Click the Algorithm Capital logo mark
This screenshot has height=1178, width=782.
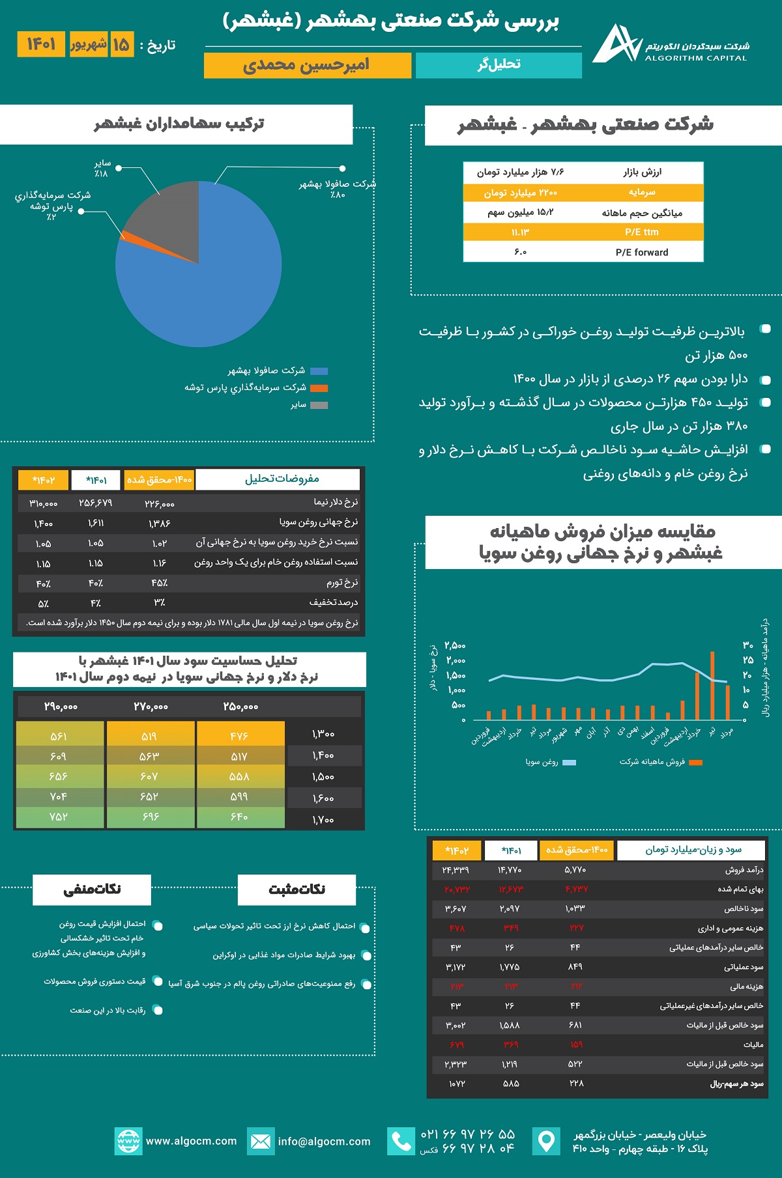pos(616,44)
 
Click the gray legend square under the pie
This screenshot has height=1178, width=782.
pos(319,405)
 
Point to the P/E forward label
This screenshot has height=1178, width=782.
pos(642,253)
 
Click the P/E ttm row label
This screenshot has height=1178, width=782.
pos(642,232)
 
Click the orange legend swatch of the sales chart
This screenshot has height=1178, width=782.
pos(696,763)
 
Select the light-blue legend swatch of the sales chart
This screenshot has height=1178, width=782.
pos(569,763)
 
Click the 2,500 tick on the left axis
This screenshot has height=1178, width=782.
pos(455,646)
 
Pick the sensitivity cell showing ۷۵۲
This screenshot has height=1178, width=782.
pos(59,817)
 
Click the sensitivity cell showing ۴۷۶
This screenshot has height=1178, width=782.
pos(240,736)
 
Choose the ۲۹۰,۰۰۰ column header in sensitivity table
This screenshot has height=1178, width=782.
pos(61,707)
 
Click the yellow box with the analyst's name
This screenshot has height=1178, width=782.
pos(307,65)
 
